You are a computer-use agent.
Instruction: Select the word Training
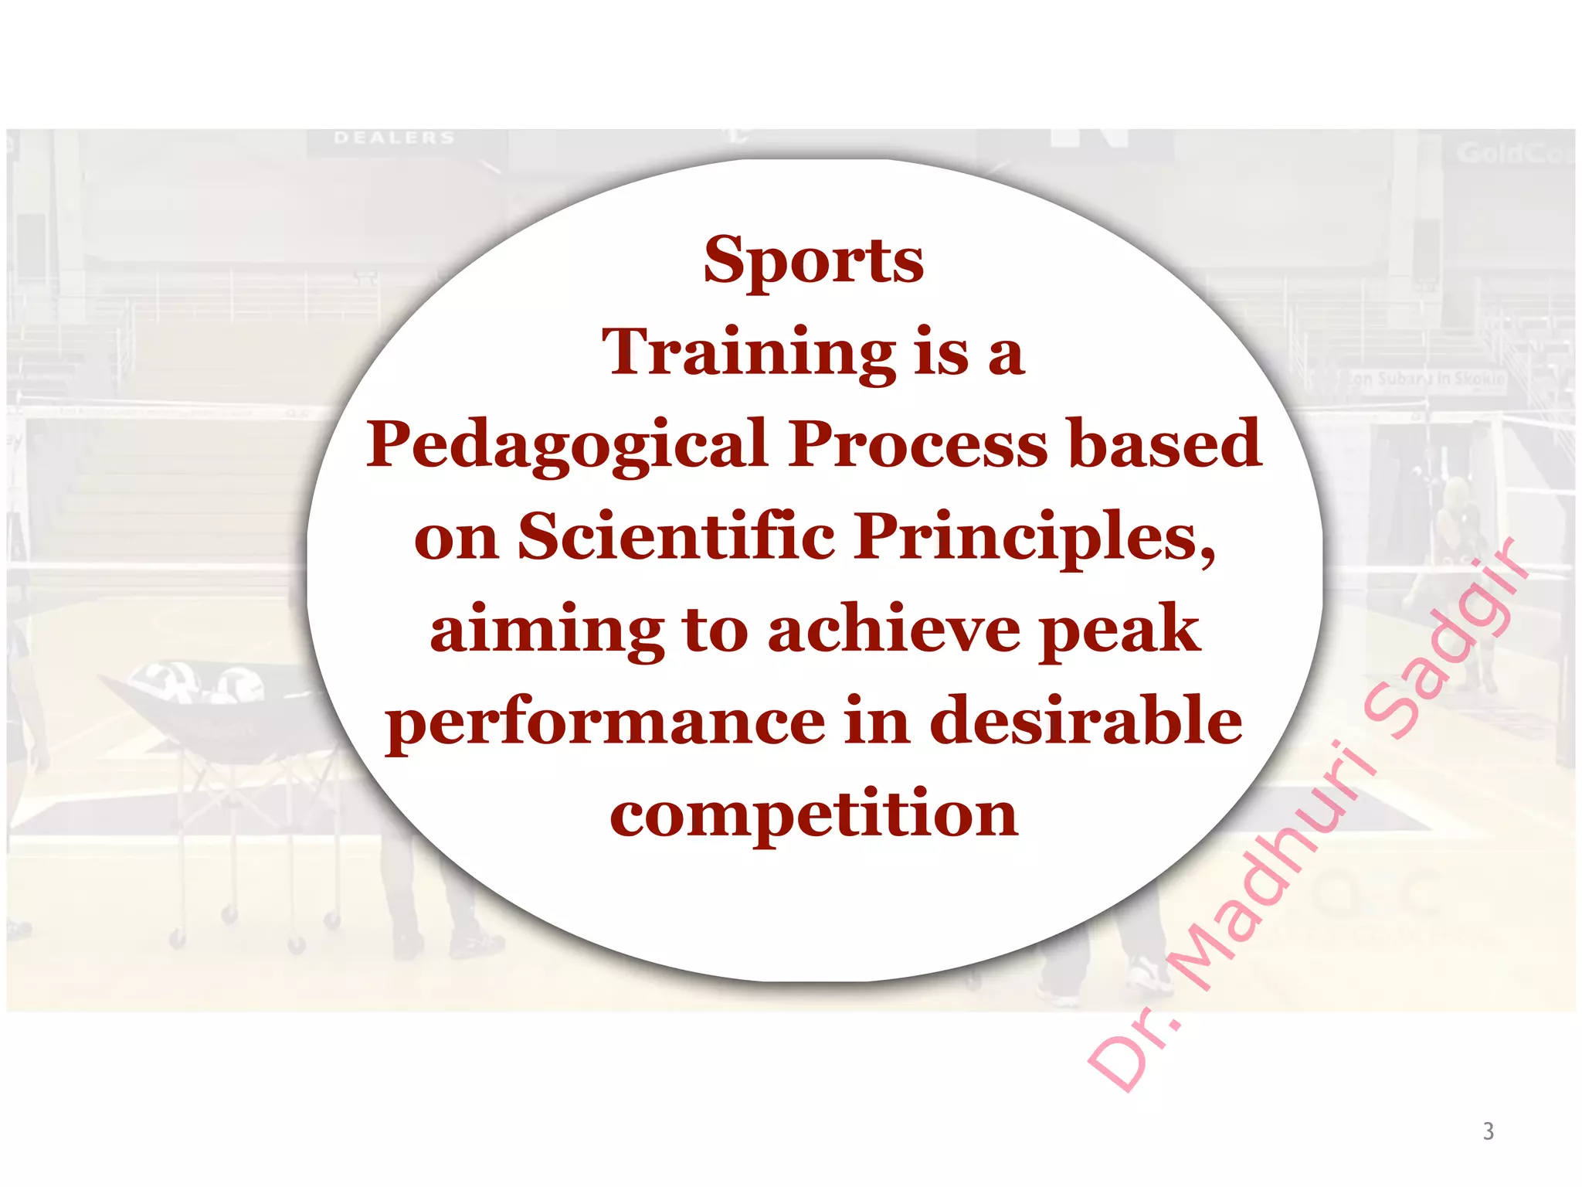pos(749,353)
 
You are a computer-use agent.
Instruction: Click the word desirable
pos(1085,719)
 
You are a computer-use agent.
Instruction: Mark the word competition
pos(813,815)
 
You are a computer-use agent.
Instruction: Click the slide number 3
pos(1488,1131)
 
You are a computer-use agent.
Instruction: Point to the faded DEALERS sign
pos(394,138)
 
